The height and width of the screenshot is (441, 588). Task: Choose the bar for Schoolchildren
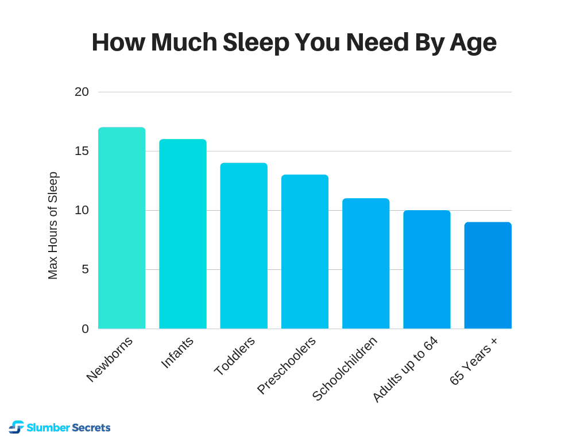[x=366, y=264]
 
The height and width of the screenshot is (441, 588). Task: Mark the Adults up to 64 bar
[x=427, y=269]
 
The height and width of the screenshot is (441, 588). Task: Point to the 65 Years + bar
[x=488, y=275]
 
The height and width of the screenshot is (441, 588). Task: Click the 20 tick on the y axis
[x=82, y=92]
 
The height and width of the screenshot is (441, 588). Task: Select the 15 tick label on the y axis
[x=82, y=151]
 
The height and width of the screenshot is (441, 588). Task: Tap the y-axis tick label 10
[x=82, y=210]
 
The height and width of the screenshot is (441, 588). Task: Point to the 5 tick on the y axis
[x=86, y=269]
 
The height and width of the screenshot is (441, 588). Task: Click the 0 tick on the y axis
[x=86, y=328]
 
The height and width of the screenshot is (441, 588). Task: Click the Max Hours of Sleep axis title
[x=53, y=226]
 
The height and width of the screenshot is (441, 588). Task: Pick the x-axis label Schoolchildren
[x=345, y=369]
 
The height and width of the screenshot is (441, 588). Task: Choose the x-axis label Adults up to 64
[x=405, y=369]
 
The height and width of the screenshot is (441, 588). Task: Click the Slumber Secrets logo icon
[x=17, y=427]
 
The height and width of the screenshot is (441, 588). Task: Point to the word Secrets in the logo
[x=91, y=428]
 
